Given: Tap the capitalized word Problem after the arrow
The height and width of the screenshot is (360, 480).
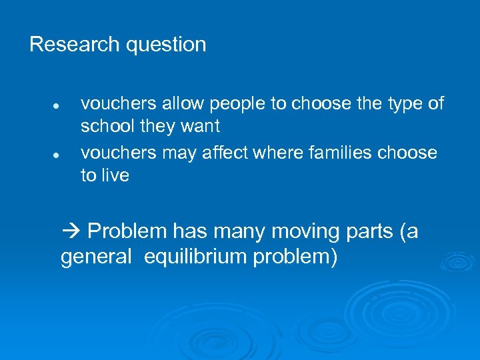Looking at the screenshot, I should (127, 232).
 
